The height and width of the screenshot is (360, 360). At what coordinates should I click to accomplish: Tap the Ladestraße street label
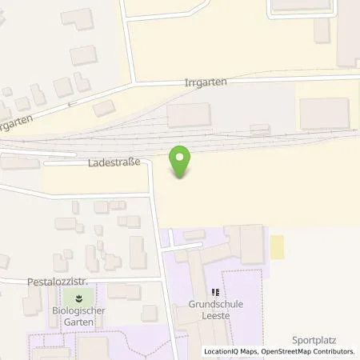coord(114,162)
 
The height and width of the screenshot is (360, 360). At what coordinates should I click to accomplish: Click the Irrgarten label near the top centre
coord(205,82)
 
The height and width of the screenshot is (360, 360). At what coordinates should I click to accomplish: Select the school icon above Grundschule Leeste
coord(214,293)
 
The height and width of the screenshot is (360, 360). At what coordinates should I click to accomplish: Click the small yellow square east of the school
coord(278,246)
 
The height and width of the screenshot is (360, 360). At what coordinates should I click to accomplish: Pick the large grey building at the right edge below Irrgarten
coord(324,113)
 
